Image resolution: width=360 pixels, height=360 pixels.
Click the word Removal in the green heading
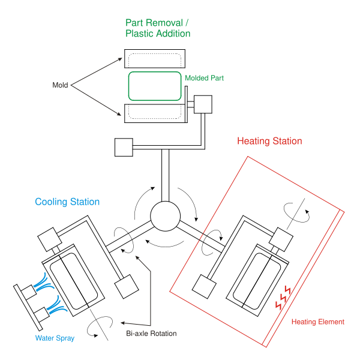click(165, 23)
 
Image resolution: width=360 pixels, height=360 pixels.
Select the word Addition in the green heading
click(173, 34)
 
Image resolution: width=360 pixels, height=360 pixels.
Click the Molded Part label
click(204, 79)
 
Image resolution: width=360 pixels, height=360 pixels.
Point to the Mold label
click(60, 86)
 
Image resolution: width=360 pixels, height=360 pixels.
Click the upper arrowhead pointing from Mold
click(120, 59)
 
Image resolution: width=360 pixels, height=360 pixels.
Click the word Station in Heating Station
click(287, 142)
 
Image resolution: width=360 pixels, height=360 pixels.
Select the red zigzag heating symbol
click(283, 297)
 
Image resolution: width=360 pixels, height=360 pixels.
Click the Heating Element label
click(318, 322)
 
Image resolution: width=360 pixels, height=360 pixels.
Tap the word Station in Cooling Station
click(85, 202)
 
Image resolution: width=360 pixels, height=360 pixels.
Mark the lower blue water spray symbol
click(58, 305)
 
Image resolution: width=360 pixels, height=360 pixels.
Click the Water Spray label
click(55, 338)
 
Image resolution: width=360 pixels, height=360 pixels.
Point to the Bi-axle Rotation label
click(151, 334)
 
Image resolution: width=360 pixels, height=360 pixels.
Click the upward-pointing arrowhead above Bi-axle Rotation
click(137, 257)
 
